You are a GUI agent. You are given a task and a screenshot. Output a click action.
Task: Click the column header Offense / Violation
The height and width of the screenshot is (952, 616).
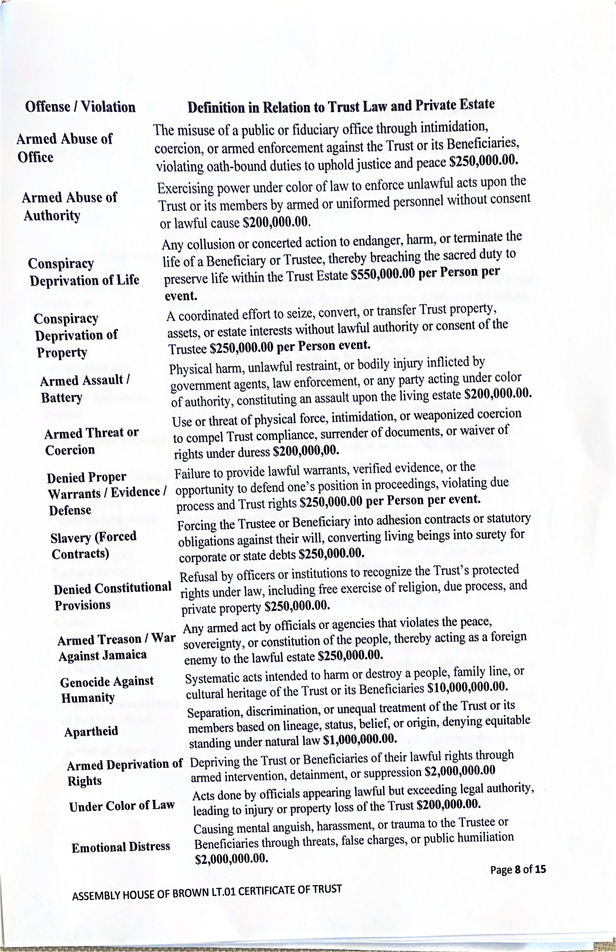coord(80,107)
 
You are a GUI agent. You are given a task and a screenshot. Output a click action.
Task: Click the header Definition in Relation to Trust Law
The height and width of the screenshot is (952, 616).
coord(341,106)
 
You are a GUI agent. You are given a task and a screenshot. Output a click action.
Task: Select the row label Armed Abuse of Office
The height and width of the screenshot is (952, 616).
coord(64,148)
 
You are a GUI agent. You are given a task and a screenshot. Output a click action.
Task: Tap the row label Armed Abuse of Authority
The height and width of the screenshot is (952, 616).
coord(69,206)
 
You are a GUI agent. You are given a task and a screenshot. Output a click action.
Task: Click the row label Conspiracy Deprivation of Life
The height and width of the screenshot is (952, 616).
coord(84,272)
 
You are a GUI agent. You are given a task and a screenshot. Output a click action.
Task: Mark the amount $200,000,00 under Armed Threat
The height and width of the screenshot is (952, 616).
coord(306,451)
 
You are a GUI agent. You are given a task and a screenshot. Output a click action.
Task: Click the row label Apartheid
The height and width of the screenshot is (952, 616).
coord(91,731)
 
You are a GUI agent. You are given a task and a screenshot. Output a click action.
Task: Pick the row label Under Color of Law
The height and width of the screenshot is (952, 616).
coord(122,806)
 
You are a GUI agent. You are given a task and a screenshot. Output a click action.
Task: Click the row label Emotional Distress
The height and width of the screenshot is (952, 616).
coord(121,847)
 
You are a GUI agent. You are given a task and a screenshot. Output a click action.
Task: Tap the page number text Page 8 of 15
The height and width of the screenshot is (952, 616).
coord(518,869)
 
